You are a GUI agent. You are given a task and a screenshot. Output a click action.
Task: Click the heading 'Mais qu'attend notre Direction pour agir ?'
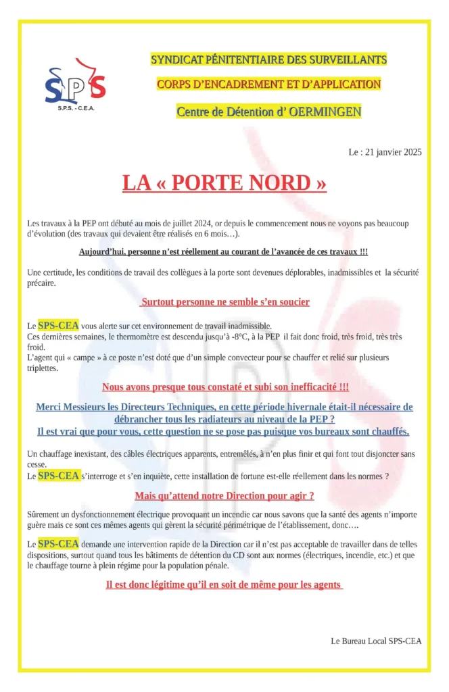224,496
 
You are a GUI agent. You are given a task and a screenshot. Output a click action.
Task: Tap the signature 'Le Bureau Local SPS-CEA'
376,640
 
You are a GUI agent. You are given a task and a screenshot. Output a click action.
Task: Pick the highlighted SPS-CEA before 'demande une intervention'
59,543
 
